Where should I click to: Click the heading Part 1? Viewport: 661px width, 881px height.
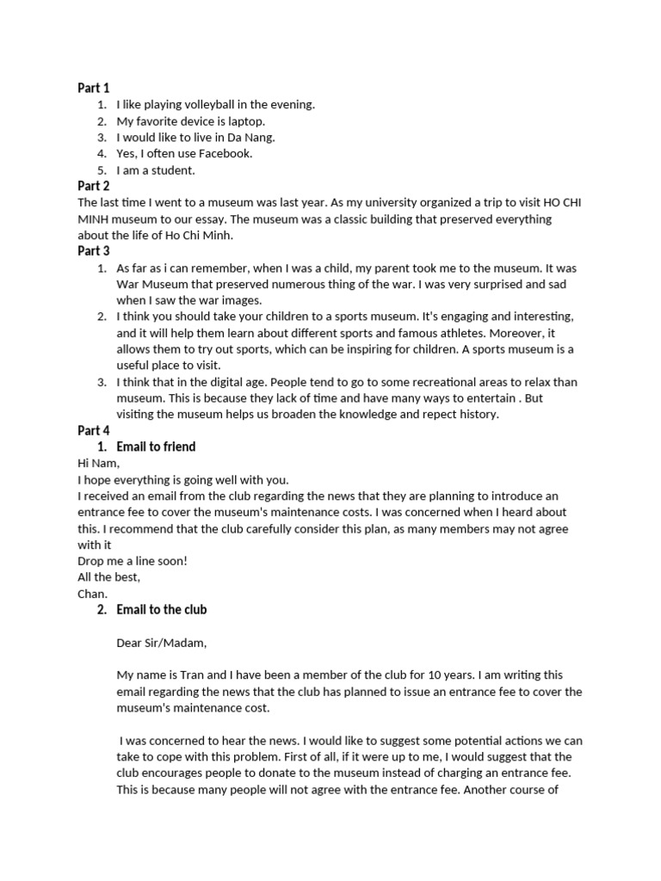click(x=94, y=88)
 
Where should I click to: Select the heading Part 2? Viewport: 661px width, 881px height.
click(x=94, y=186)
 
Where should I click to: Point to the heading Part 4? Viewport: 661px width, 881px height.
click(x=94, y=430)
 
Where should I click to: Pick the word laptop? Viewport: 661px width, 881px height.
click(x=244, y=121)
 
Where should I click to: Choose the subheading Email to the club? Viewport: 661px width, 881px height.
click(x=162, y=610)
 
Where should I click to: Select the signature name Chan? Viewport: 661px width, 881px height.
click(x=93, y=593)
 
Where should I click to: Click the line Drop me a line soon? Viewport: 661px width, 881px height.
click(x=133, y=560)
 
